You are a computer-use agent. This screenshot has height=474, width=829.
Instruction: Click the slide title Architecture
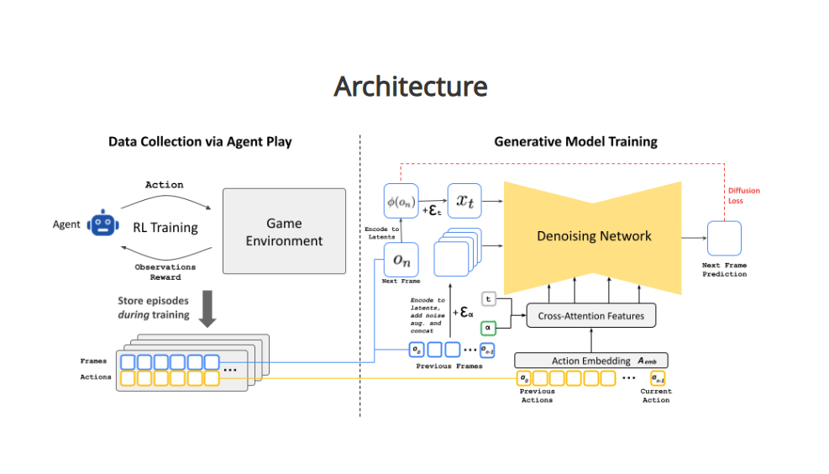click(x=410, y=87)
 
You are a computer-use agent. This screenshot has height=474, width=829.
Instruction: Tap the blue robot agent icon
click(x=103, y=224)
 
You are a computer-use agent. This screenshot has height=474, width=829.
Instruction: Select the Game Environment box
click(x=284, y=231)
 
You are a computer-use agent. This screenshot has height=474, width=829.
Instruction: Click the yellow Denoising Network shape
click(x=594, y=236)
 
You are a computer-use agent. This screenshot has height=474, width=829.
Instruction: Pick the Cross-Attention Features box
click(x=590, y=316)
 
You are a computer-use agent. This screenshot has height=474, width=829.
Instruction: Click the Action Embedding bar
click(x=591, y=361)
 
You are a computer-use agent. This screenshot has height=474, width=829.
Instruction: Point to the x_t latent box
click(x=464, y=202)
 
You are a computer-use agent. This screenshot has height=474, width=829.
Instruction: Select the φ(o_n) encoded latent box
click(x=401, y=202)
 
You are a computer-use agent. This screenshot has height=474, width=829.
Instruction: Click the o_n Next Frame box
click(x=401, y=261)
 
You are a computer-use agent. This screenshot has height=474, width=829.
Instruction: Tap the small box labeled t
click(x=488, y=298)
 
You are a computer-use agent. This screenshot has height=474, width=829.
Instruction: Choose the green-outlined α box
click(x=488, y=327)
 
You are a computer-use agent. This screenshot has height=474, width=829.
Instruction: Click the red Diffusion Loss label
click(x=743, y=196)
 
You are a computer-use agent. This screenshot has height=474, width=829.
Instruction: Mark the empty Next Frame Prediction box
click(x=723, y=238)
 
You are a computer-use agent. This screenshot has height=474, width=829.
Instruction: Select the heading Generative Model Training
click(x=575, y=142)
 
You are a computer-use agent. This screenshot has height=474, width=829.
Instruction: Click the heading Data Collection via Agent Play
click(x=200, y=142)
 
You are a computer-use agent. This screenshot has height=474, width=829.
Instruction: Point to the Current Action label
click(x=656, y=396)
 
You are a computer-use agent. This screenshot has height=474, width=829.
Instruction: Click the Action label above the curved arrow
click(x=165, y=185)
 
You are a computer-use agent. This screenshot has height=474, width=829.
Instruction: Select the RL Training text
click(x=165, y=227)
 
